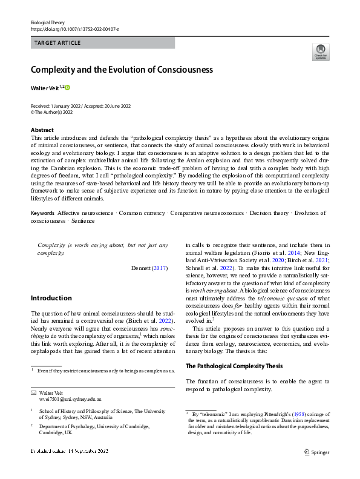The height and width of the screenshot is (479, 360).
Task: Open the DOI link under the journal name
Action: [74, 28]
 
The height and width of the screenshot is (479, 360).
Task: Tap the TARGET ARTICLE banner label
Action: [57, 43]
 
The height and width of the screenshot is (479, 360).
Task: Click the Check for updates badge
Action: [320, 52]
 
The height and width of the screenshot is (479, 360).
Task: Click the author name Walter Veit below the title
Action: [44, 88]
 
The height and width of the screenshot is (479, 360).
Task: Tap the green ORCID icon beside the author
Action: [68, 87]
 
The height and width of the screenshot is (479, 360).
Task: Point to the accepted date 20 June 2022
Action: [117, 106]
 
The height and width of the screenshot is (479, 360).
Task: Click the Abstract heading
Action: [42, 130]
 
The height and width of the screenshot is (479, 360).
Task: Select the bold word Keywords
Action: [42, 213]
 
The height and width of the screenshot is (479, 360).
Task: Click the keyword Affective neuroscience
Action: [85, 213]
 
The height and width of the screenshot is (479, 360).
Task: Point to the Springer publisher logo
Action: [316, 452]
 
